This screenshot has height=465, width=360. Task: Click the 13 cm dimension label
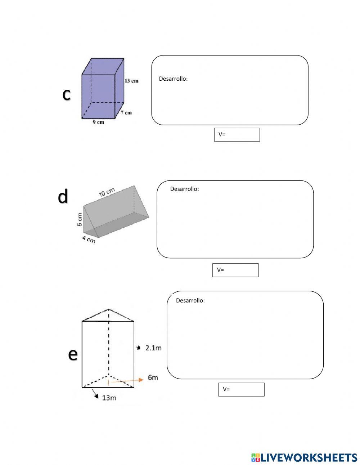(x=131, y=81)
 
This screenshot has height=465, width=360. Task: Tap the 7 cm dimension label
(x=126, y=113)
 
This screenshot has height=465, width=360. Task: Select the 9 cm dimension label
(x=98, y=122)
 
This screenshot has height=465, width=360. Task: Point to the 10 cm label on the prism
(x=107, y=192)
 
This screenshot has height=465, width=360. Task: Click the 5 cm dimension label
(x=80, y=219)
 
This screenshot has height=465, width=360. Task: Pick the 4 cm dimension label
(x=89, y=239)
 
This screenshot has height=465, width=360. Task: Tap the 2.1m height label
(x=153, y=348)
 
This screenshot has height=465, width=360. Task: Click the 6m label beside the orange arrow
(x=153, y=377)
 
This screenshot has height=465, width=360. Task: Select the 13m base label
(x=109, y=398)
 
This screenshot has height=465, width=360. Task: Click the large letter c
(x=67, y=94)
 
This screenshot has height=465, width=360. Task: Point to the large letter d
(x=63, y=196)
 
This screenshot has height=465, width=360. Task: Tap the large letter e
(x=73, y=354)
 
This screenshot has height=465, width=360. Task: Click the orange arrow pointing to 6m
(x=127, y=380)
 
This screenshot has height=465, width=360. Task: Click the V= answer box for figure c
(x=237, y=135)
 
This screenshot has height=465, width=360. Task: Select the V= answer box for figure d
(x=235, y=270)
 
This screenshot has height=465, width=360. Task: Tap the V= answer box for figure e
(x=241, y=389)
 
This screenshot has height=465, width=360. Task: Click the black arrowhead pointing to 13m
(x=96, y=397)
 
